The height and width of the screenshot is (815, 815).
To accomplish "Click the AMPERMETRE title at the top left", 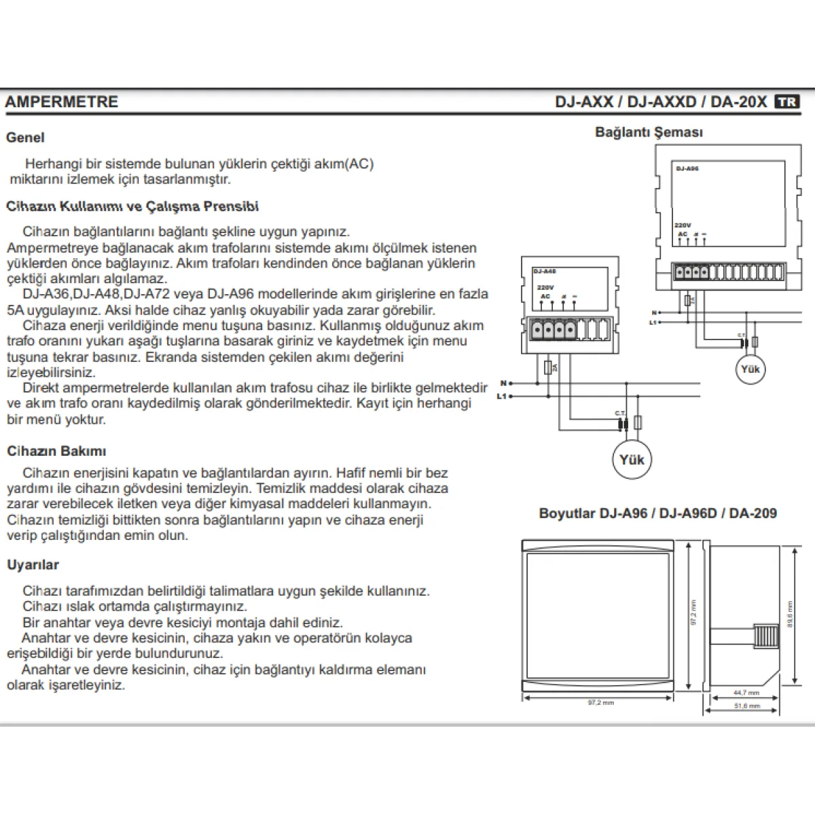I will tap(62, 102).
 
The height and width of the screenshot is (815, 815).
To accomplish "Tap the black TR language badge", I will tap(787, 102).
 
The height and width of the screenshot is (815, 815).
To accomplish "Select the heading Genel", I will tap(25, 137).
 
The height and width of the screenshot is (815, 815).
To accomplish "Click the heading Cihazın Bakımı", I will tap(56, 451).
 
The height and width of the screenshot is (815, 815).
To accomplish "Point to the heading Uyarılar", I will tap(33, 564).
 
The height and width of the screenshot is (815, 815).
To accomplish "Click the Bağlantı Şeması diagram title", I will tap(649, 132).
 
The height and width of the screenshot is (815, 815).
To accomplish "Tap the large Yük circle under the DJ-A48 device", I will tap(632, 460).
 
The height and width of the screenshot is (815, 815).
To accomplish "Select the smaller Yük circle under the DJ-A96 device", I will tap(750, 369).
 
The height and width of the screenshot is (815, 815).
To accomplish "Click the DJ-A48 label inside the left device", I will tap(544, 270).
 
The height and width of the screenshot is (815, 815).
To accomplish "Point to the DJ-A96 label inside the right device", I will tap(687, 168).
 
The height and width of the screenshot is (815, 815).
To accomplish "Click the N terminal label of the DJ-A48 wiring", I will tap(503, 384).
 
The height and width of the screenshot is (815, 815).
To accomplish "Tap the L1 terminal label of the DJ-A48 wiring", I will tap(502, 395).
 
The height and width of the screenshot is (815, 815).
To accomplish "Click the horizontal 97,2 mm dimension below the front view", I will tap(600, 702).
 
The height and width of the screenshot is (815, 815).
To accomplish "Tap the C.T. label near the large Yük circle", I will tap(619, 413).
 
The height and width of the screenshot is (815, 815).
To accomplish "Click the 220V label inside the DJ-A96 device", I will tap(683, 225).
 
